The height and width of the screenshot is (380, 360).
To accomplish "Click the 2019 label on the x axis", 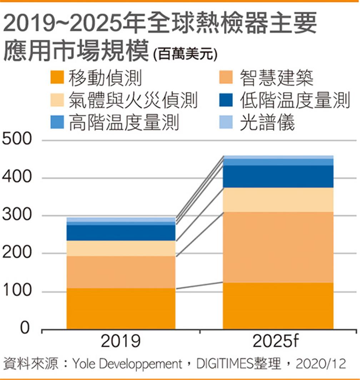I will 121,342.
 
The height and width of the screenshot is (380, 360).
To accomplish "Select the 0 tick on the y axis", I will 24,328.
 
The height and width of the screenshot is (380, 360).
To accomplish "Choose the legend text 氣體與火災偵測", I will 133,100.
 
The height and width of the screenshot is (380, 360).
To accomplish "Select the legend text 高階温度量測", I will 124,123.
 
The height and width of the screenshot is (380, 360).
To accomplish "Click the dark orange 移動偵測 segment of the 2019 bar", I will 121,308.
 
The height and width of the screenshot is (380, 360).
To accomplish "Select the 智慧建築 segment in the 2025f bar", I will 278,247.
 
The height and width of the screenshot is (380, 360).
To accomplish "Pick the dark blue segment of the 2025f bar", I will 278,176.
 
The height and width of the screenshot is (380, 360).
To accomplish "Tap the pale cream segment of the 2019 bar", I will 121,248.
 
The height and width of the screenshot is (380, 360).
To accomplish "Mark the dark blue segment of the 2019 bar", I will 121,232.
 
